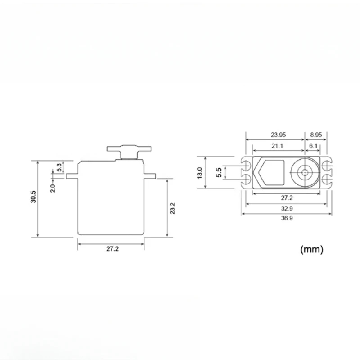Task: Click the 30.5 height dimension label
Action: tap(33, 197)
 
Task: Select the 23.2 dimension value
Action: tap(172, 208)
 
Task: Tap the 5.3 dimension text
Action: tap(59, 167)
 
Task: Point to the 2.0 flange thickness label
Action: tap(53, 188)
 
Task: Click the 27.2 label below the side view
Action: tap(112, 249)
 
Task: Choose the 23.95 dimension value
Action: tap(278, 135)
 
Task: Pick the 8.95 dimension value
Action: tap(316, 135)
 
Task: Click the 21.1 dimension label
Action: tap(277, 146)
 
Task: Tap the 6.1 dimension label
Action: tap(313, 146)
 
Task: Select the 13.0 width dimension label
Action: tap(200, 173)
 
